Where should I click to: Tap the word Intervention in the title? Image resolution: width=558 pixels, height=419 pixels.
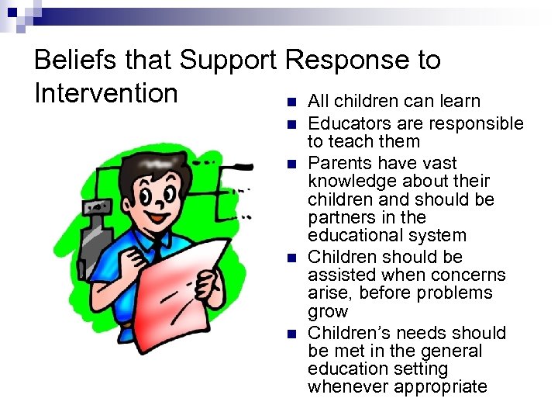106,93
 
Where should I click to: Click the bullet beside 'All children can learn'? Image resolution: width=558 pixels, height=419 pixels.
291,102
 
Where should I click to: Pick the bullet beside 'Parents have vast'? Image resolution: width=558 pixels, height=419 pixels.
291,164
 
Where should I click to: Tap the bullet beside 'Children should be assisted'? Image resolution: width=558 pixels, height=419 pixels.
291,258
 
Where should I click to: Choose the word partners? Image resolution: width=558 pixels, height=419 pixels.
339,217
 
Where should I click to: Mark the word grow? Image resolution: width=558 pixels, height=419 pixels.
328,312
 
